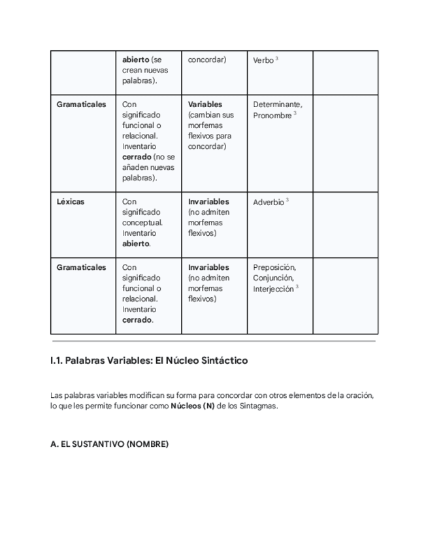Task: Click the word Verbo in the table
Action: (x=263, y=60)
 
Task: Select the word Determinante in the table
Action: (x=277, y=104)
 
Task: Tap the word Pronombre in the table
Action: (x=272, y=115)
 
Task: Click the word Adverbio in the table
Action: (x=268, y=202)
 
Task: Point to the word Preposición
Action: (x=274, y=267)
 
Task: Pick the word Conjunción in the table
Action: (x=273, y=278)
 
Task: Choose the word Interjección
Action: (x=273, y=289)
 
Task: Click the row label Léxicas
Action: (x=71, y=202)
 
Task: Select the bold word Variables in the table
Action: (x=205, y=104)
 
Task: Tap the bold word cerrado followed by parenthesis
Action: (x=137, y=157)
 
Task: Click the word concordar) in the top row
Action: (x=206, y=59)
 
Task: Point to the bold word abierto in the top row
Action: (x=136, y=59)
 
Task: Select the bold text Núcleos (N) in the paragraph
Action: (x=192, y=406)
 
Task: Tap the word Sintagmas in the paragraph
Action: (x=261, y=406)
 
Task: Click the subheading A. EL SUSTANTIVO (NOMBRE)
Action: (x=109, y=444)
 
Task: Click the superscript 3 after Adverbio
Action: (x=288, y=200)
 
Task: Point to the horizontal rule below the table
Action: (x=214, y=341)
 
